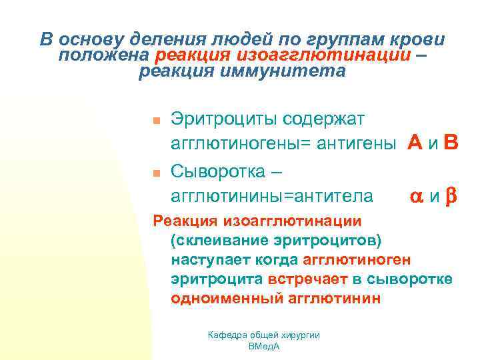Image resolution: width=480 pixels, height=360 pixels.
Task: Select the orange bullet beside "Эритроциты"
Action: tap(153, 121)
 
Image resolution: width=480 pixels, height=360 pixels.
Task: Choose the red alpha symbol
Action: tap(417, 197)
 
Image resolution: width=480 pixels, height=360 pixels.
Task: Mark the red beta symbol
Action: tap(451, 197)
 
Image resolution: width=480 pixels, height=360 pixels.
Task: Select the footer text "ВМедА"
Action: tap(264, 347)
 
